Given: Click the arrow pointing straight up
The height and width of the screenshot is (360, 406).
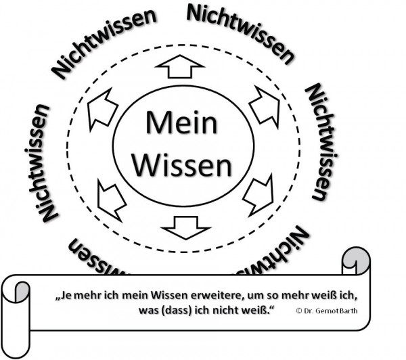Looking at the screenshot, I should (x=179, y=67).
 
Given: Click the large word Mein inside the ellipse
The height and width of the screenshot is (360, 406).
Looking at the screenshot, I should (x=182, y=124).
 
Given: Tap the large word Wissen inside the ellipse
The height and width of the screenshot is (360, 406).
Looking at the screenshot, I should (x=183, y=164).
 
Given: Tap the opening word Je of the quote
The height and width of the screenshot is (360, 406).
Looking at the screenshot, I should (x=65, y=296).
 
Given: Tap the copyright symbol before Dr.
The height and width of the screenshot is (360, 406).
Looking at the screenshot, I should (x=299, y=311).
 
